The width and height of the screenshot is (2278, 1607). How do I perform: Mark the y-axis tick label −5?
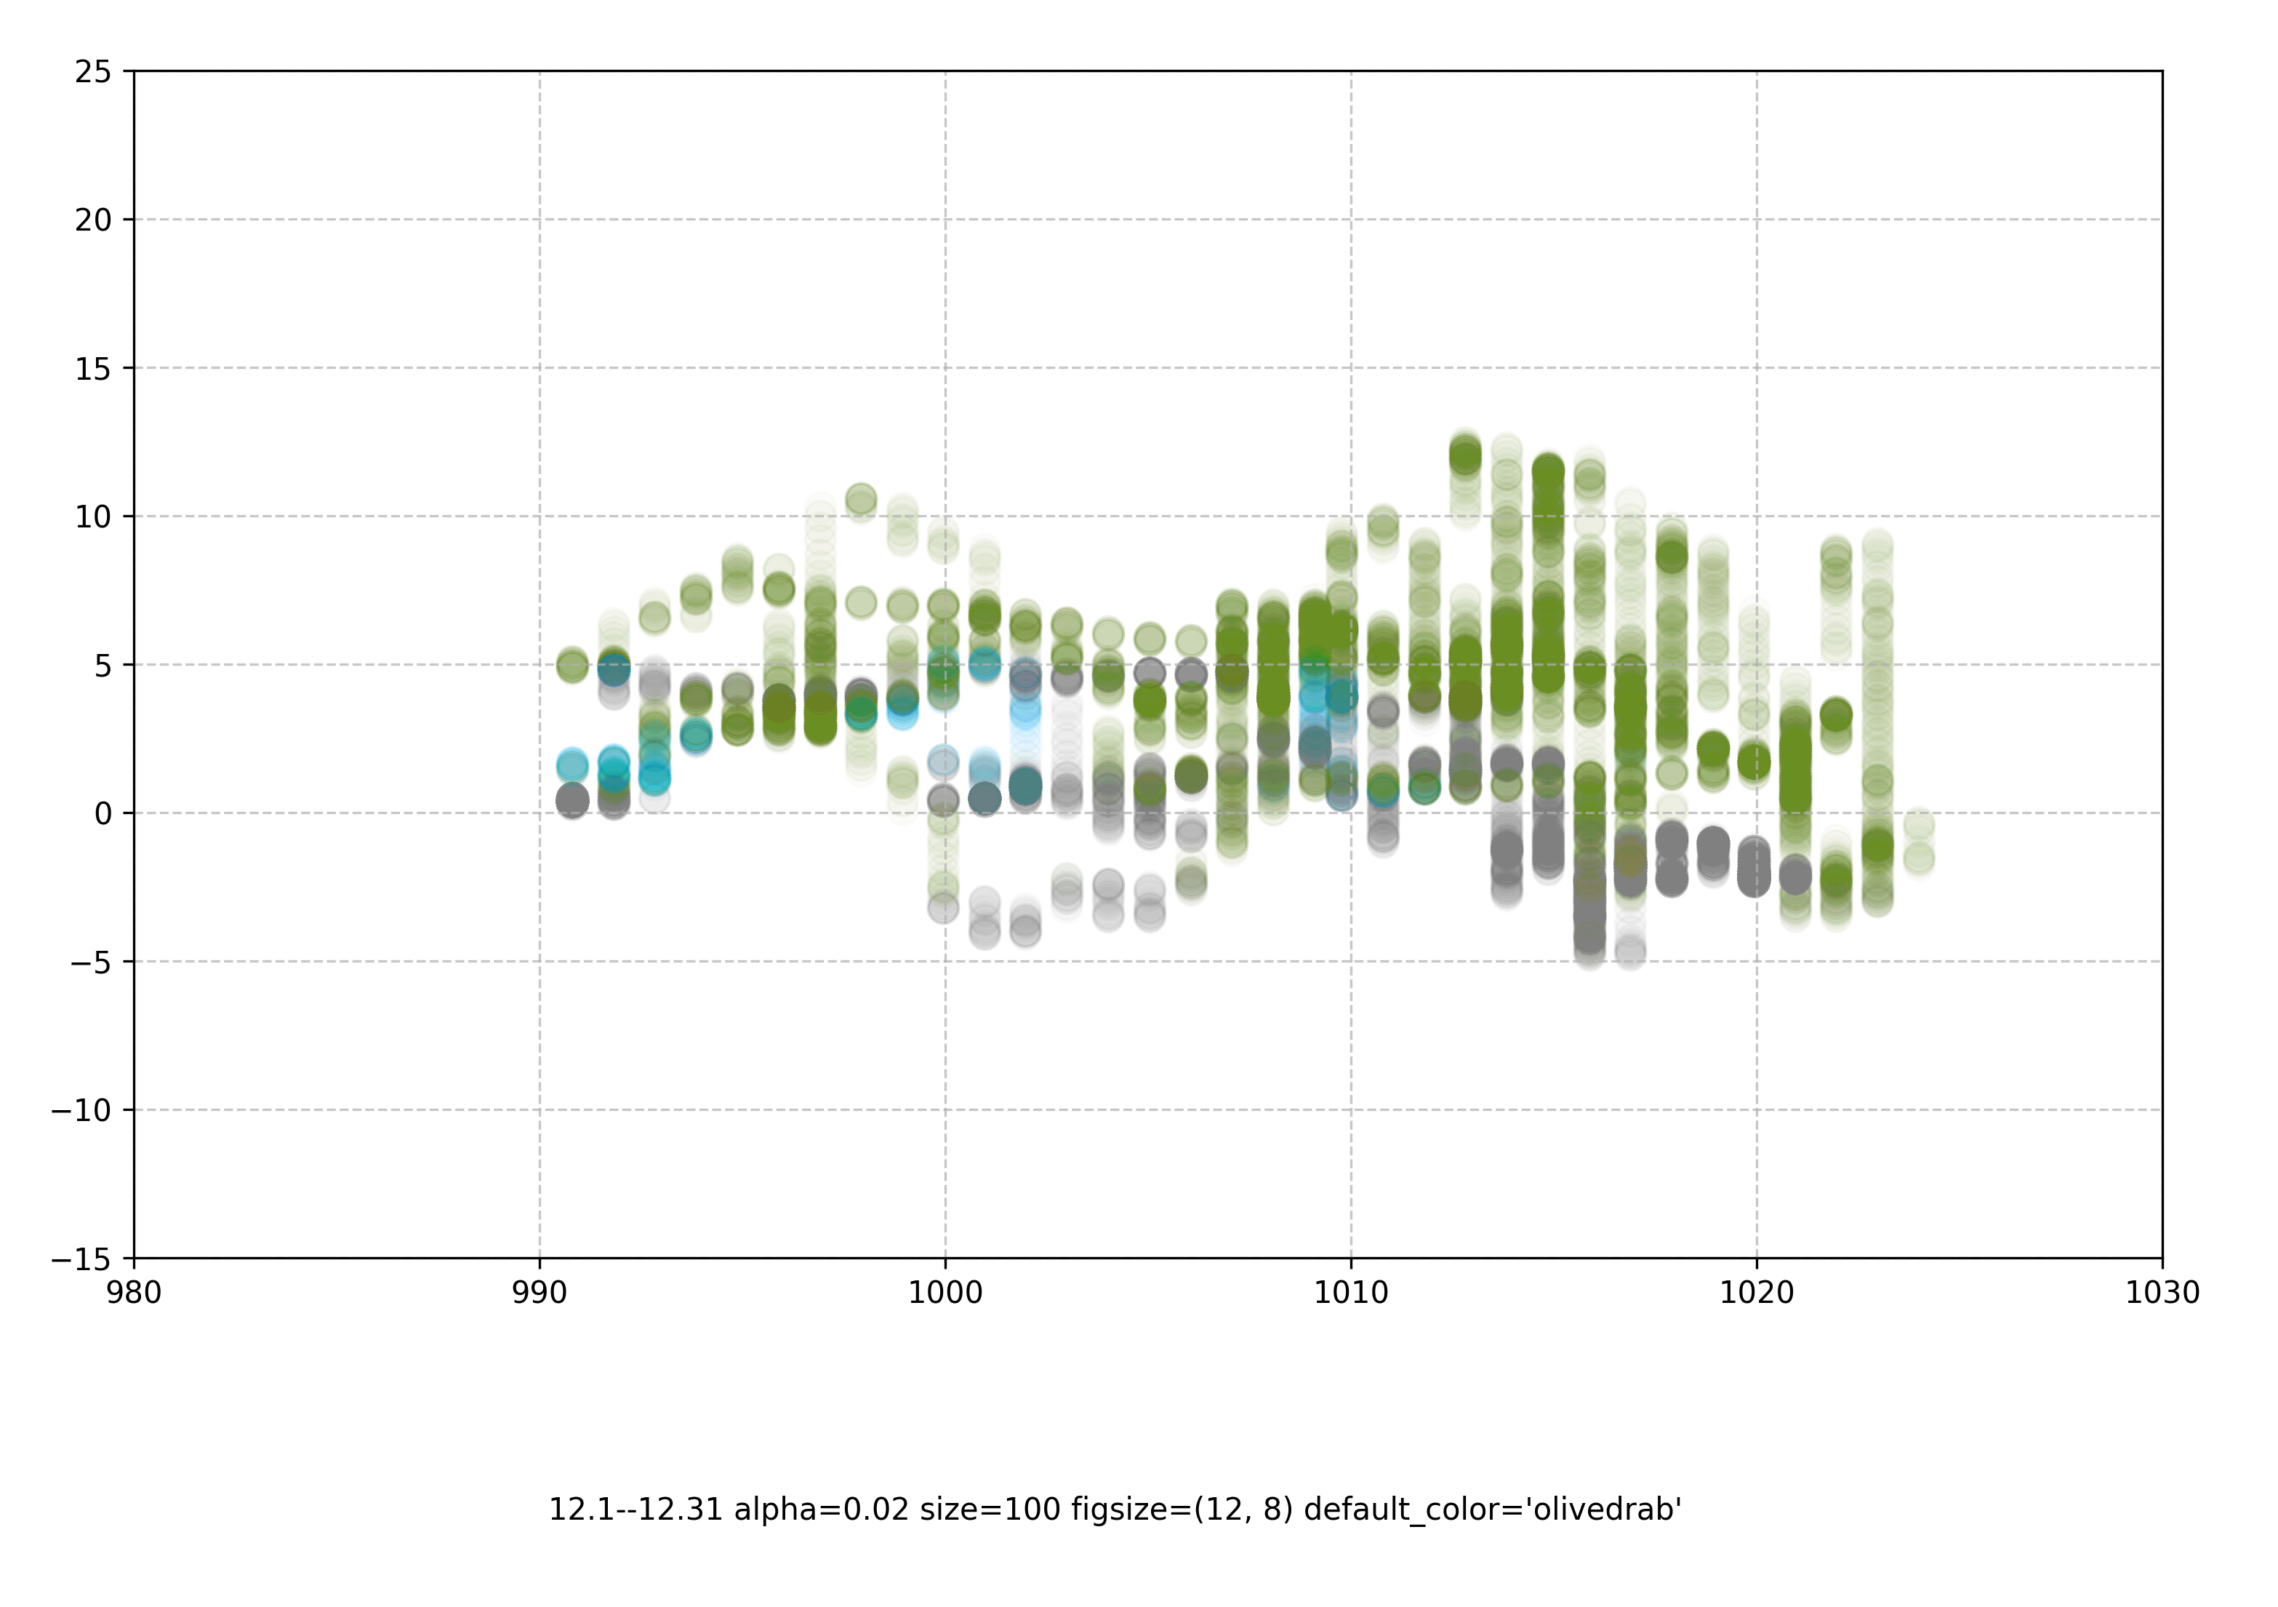pyautogui.click(x=90, y=962)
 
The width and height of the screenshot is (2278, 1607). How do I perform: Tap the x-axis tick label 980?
pyautogui.click(x=134, y=1292)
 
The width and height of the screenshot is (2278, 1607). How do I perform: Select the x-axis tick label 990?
pyautogui.click(x=540, y=1292)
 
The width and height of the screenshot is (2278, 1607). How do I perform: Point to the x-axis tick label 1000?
pyautogui.click(x=945, y=1292)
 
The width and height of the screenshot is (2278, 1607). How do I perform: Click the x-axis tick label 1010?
pyautogui.click(x=1352, y=1292)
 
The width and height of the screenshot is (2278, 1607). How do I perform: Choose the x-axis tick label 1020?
pyautogui.click(x=1757, y=1292)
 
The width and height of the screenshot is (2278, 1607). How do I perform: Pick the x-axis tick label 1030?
pyautogui.click(x=2163, y=1292)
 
